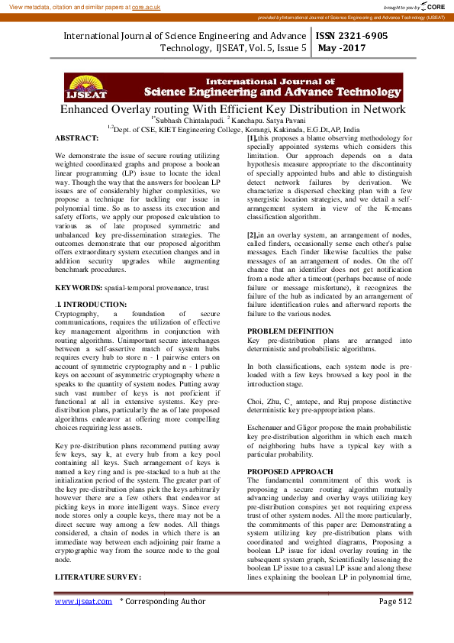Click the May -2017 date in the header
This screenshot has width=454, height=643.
click(x=342, y=48)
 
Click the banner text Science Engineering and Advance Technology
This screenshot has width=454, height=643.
click(x=272, y=92)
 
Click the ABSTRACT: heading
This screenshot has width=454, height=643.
click(x=77, y=138)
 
